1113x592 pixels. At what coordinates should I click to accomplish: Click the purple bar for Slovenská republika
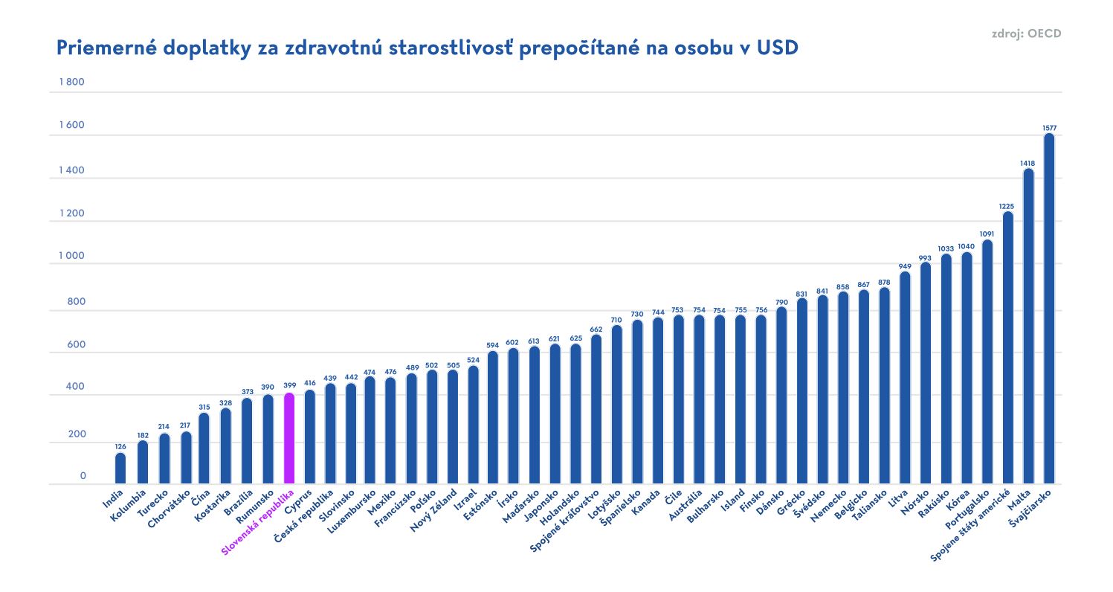click(x=289, y=438)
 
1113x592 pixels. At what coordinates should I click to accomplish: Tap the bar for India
click(x=120, y=468)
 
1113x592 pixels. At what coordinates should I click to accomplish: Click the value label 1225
click(x=1007, y=206)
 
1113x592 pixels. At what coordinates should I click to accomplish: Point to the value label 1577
click(x=1049, y=128)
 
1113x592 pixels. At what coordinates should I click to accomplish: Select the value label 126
click(x=120, y=446)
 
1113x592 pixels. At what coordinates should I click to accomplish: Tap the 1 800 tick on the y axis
click(x=71, y=82)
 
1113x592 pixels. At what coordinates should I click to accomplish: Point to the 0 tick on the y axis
click(x=83, y=476)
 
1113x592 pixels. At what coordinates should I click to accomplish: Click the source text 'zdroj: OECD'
click(x=1026, y=33)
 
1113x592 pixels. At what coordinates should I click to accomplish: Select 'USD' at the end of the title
click(x=778, y=48)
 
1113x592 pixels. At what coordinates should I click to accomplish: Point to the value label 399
click(x=289, y=385)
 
